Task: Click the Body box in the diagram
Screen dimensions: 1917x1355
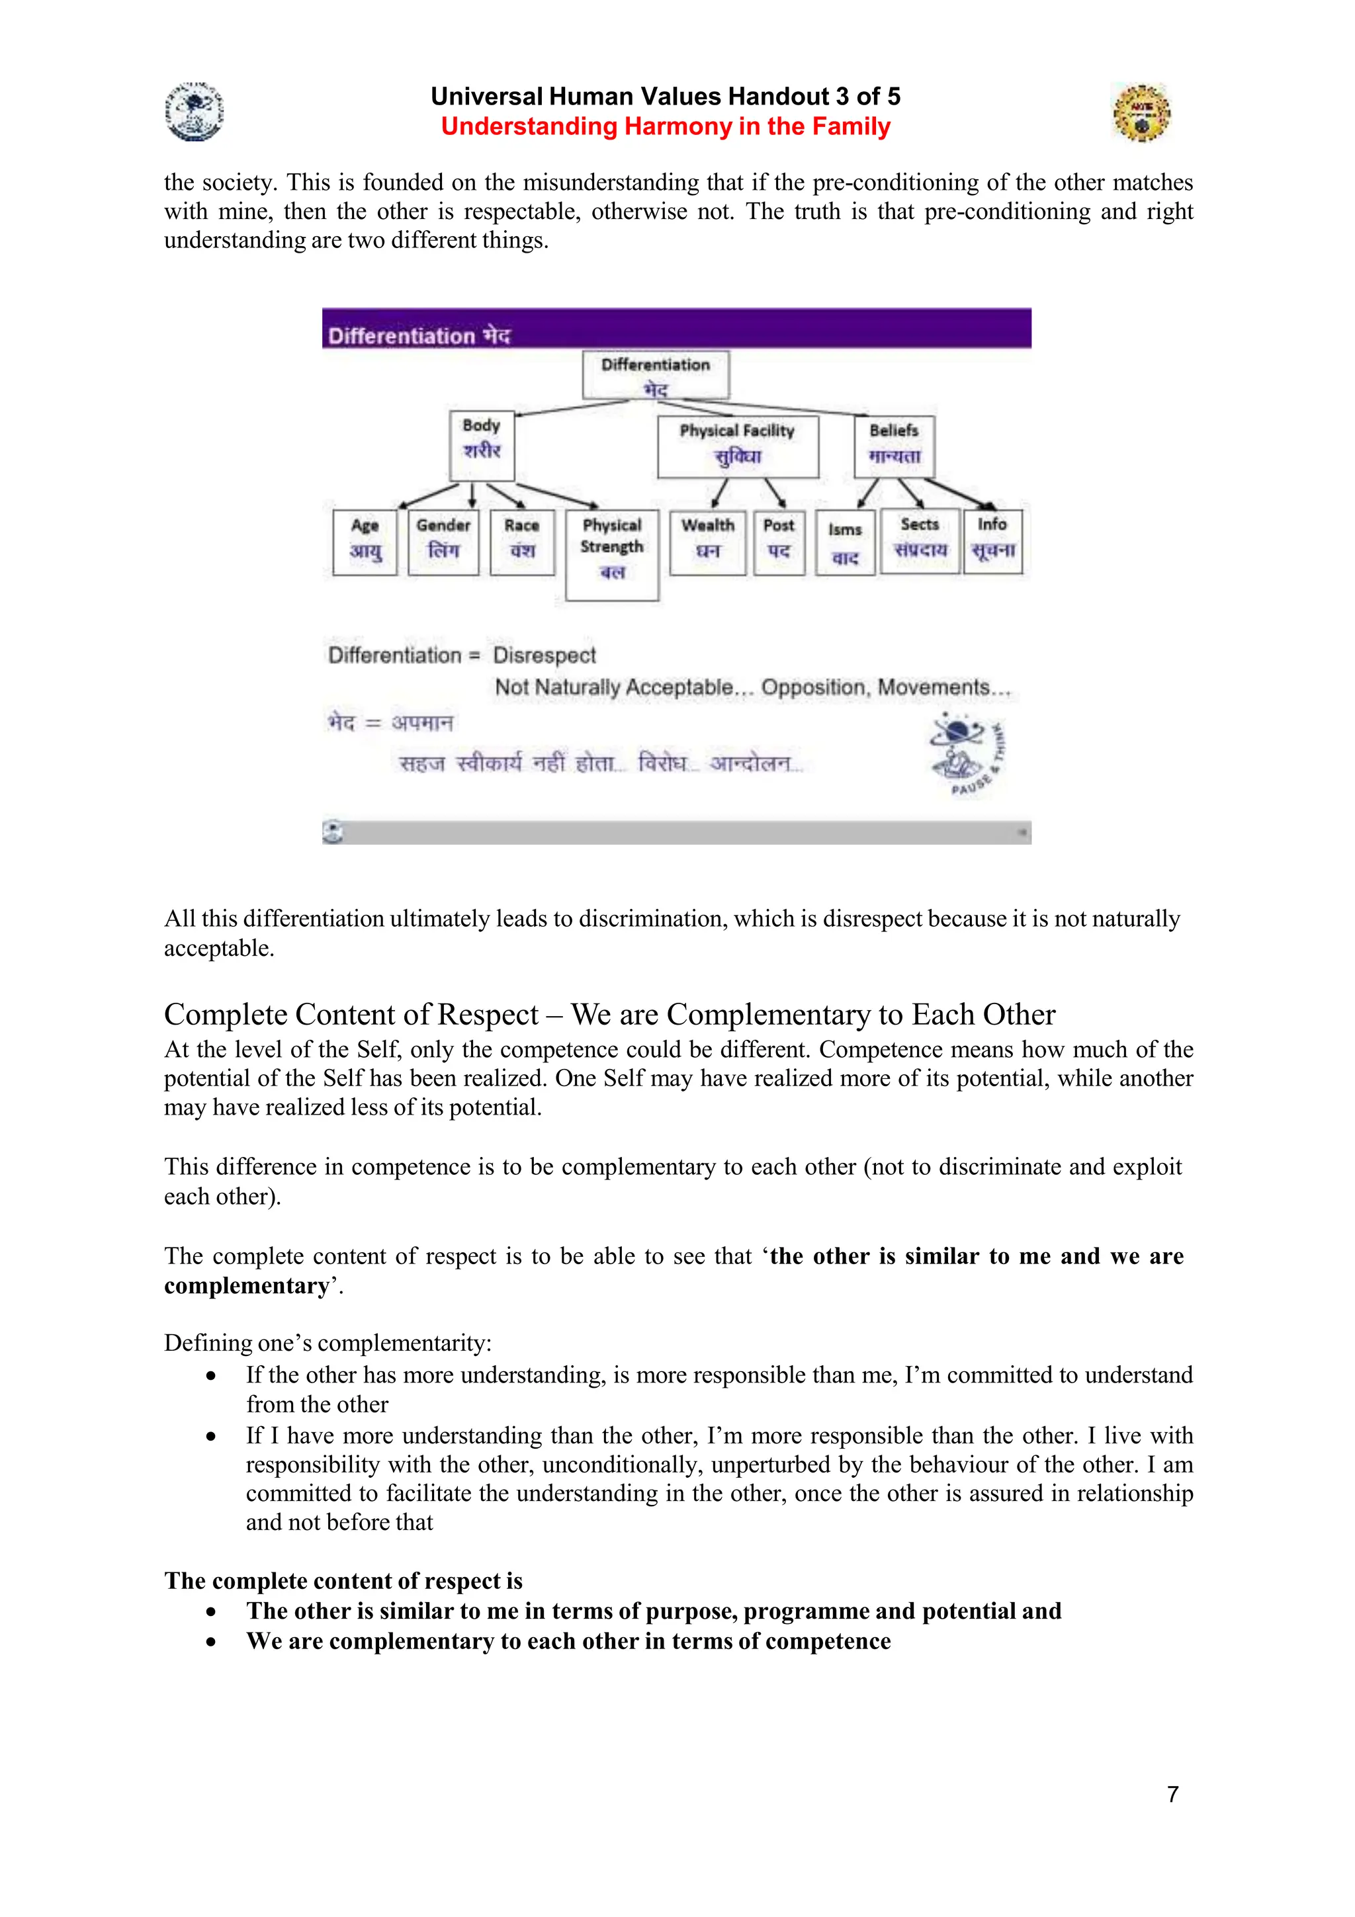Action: (x=482, y=445)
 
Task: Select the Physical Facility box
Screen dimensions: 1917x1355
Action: (x=737, y=447)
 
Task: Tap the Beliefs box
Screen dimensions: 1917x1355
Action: (x=894, y=447)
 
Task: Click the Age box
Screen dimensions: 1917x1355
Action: (x=365, y=542)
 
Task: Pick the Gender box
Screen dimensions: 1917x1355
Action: (x=443, y=542)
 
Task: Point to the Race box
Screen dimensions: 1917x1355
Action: (x=522, y=542)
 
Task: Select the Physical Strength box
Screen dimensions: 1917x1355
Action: (x=612, y=554)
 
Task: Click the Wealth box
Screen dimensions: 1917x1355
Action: (x=708, y=542)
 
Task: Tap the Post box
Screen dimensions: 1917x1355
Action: (x=779, y=542)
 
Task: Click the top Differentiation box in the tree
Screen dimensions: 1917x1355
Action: (x=656, y=375)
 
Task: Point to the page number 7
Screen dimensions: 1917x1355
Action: (x=1172, y=1793)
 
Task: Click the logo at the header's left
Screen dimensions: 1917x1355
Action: (x=194, y=112)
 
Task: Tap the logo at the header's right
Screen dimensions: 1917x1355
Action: (x=1141, y=112)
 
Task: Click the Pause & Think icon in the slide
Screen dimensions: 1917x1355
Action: (x=967, y=754)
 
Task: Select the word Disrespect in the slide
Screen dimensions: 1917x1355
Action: (x=545, y=656)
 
